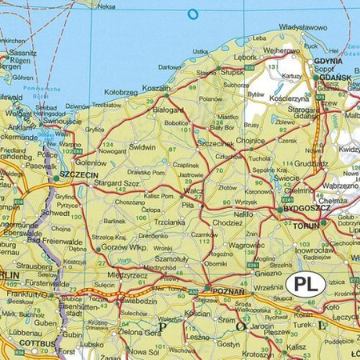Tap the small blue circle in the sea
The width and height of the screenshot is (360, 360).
(x=192, y=13)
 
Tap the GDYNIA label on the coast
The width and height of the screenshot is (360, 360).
(x=329, y=61)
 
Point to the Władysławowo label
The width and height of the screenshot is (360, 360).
(x=303, y=27)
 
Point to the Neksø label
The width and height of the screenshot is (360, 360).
(x=106, y=6)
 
